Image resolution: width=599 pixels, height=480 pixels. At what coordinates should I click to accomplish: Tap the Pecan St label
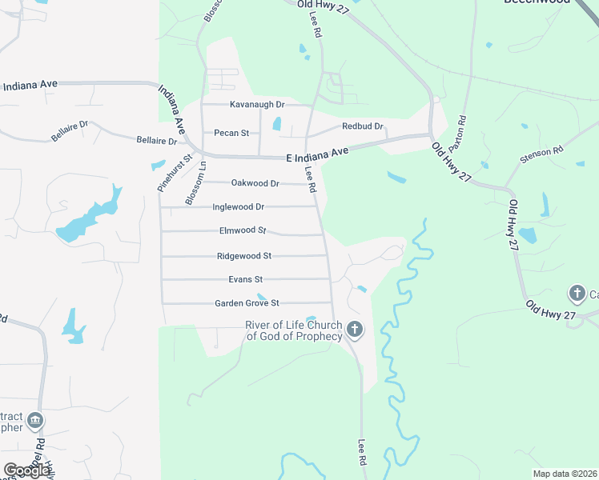231,133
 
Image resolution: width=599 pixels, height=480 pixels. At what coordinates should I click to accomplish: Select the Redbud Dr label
363,126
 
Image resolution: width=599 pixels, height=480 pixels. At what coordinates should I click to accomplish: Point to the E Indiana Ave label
318,154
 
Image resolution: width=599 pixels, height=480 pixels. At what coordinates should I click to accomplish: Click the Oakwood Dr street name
255,183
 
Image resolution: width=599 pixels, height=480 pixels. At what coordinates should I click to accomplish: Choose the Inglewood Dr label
238,206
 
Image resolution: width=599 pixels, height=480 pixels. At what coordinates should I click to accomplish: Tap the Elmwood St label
243,230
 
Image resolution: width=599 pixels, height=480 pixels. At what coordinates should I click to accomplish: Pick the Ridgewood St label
244,256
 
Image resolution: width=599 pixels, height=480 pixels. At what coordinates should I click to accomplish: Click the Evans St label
245,279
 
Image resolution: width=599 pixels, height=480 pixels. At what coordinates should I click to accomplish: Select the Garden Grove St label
247,303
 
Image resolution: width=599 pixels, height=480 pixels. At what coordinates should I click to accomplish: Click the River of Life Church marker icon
355,329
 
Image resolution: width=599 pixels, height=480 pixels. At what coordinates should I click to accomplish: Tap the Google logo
27,470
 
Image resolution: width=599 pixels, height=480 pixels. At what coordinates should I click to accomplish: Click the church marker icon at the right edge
577,294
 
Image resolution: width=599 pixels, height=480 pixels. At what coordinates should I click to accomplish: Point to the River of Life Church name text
293,330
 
